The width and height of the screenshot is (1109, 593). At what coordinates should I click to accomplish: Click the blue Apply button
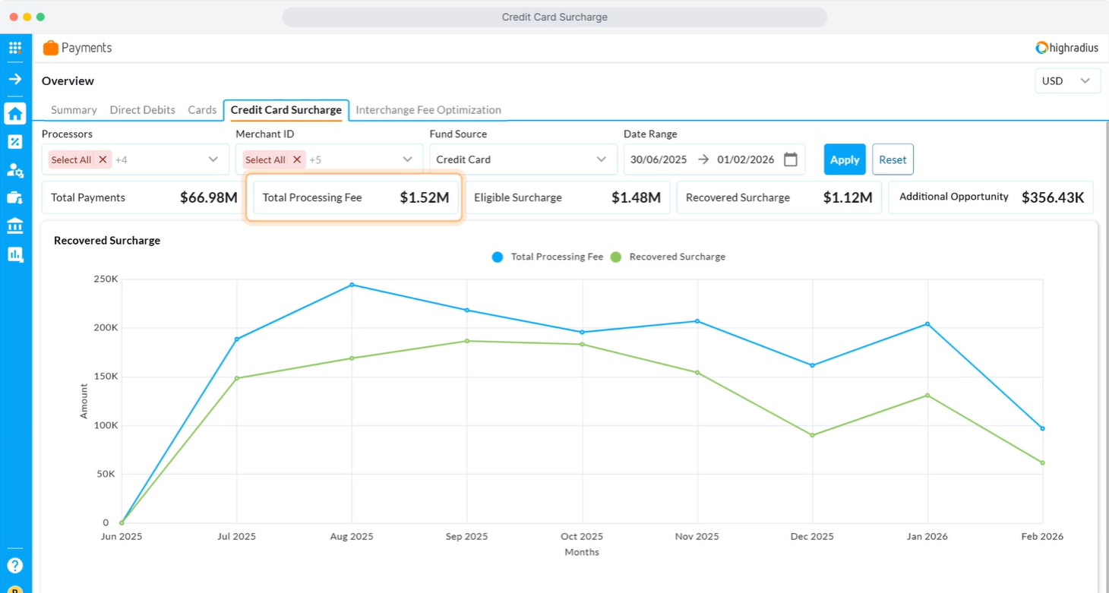tap(845, 159)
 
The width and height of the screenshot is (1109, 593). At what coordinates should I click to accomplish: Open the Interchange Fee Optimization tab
tap(428, 110)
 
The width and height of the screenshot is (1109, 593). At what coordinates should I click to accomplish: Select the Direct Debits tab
tap(143, 110)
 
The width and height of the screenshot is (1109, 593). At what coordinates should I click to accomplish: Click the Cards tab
tap(202, 110)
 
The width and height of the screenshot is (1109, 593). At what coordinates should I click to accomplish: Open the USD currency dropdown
tap(1067, 80)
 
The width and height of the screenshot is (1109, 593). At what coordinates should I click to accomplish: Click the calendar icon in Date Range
tap(791, 159)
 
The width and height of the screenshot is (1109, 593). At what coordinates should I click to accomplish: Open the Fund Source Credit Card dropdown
tap(523, 159)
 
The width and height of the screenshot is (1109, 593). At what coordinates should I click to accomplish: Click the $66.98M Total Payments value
tap(208, 197)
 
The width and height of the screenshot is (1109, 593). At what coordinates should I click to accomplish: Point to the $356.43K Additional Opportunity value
tap(1053, 197)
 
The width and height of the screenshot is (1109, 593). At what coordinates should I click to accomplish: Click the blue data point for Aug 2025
tap(352, 285)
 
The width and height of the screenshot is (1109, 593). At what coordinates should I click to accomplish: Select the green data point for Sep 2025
tap(467, 341)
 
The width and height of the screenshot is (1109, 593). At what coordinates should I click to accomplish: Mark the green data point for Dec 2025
tap(813, 435)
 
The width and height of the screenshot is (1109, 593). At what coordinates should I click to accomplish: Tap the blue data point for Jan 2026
tap(927, 324)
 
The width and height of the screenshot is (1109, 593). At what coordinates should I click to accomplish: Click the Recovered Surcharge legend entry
tap(668, 257)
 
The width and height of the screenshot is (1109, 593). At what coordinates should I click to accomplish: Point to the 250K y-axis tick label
tap(106, 279)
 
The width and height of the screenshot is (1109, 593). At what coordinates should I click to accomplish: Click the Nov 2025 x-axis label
tap(697, 537)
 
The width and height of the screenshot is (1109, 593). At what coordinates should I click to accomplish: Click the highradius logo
tap(1066, 48)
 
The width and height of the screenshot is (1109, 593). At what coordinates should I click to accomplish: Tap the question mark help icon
tap(15, 565)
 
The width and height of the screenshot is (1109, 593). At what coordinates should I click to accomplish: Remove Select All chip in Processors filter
tap(103, 159)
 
